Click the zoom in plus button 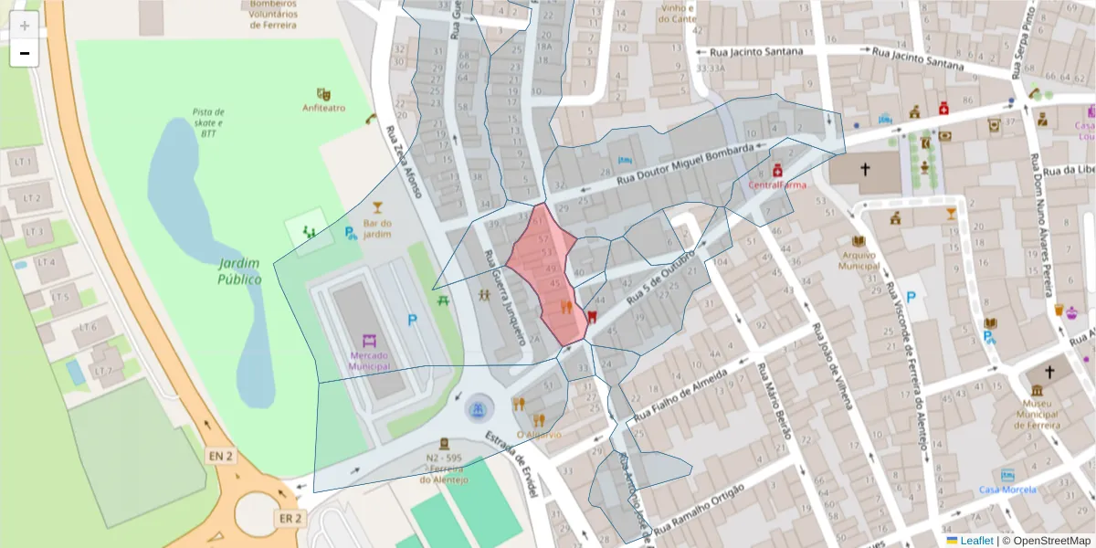click(25, 26)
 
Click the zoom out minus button click(25, 53)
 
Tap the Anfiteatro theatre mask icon click(323, 94)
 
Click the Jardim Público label click(239, 271)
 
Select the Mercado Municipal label click(369, 360)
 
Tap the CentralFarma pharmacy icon click(777, 170)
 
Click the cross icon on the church click(865, 170)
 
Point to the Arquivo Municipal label click(859, 260)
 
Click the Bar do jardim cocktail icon click(377, 207)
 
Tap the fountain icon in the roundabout click(476, 409)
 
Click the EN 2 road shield click(220, 455)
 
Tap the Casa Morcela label click(1007, 490)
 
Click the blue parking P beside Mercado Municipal click(412, 321)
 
